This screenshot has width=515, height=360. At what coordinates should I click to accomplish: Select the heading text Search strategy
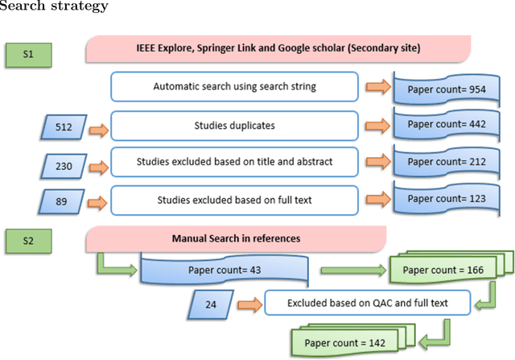point(55,7)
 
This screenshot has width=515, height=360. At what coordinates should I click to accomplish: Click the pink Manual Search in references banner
point(235,238)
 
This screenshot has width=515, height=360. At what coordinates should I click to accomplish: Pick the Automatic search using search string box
point(233,86)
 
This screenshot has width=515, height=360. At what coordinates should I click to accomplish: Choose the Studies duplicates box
point(233,126)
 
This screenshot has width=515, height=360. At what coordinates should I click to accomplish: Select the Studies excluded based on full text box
point(233,201)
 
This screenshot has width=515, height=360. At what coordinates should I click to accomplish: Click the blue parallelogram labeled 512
point(64,126)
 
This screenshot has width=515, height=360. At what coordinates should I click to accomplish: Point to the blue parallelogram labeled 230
point(64,167)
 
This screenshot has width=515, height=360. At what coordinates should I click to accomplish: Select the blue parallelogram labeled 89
point(64,201)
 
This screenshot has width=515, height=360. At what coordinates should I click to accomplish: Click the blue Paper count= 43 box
point(224,270)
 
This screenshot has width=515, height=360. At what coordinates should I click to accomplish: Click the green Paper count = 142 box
point(344,341)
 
